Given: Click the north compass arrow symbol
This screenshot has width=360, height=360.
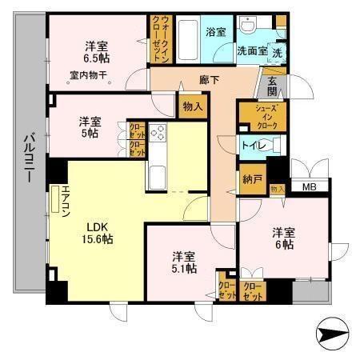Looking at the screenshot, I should (x=334, y=332).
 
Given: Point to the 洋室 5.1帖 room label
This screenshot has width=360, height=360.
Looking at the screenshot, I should (x=184, y=263).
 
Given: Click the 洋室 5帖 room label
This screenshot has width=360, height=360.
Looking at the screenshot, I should (x=90, y=128).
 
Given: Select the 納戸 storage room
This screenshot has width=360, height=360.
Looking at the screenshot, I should (x=251, y=180).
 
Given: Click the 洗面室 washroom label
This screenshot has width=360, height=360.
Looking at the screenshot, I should (x=252, y=50).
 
